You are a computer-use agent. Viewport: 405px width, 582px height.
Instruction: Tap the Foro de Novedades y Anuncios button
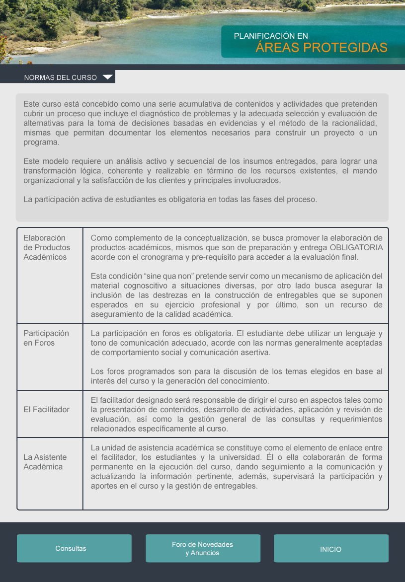(203, 548)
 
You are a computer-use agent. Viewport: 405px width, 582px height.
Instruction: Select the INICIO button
(331, 549)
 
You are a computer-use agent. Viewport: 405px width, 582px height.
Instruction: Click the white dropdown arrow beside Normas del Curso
(107, 77)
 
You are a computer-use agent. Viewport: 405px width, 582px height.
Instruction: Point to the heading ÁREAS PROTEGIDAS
(322, 48)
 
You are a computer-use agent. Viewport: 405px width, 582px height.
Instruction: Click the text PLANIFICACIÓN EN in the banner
(271, 36)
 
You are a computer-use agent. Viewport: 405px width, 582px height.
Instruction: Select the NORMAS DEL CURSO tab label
(60, 78)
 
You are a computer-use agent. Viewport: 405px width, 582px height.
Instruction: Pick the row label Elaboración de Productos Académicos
(47, 247)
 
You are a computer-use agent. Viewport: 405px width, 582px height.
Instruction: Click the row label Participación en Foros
(46, 338)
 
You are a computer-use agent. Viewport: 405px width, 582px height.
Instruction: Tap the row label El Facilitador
(46, 410)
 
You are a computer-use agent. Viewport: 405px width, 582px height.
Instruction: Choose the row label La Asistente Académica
(45, 462)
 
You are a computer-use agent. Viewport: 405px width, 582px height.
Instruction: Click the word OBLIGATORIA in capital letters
(356, 247)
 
